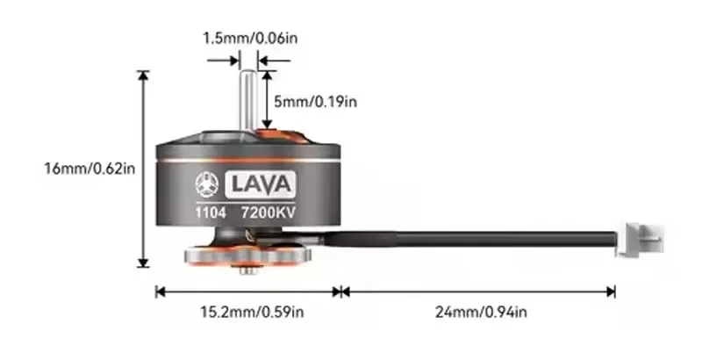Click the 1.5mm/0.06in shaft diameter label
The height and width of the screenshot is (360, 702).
248,38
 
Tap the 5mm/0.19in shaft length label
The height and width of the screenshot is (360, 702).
315,102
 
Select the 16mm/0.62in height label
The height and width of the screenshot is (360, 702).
89,167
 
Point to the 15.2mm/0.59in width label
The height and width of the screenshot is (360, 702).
248,311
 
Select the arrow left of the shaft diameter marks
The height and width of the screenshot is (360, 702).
225,61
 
